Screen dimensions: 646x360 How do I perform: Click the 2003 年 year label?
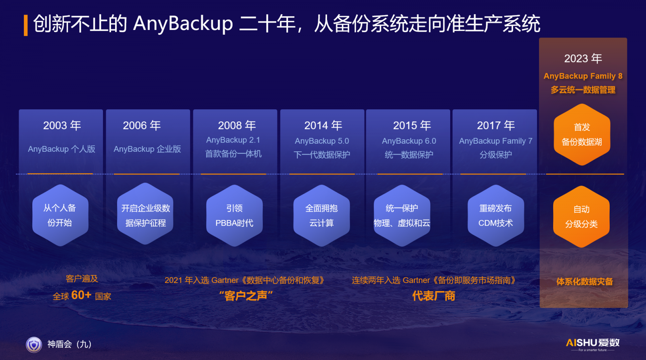click(x=62, y=126)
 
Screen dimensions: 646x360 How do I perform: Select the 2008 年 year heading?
click(x=237, y=126)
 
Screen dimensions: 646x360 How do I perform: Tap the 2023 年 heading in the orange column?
click(x=583, y=59)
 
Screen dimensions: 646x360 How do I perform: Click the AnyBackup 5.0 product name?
click(x=322, y=141)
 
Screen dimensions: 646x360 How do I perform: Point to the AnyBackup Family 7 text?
click(x=495, y=141)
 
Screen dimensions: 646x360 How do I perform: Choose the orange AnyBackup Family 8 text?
click(x=583, y=76)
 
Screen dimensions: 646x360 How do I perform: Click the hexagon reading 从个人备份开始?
click(x=60, y=215)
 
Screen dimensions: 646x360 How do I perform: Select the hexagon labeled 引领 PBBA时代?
click(x=235, y=215)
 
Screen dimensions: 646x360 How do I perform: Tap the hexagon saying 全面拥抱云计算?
click(x=321, y=215)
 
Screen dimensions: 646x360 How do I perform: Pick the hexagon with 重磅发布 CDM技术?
click(x=496, y=215)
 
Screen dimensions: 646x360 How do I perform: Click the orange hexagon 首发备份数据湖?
click(x=582, y=135)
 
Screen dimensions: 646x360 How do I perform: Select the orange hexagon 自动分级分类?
click(x=581, y=216)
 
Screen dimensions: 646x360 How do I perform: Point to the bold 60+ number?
click(x=81, y=295)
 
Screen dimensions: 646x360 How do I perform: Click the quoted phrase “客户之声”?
click(x=246, y=296)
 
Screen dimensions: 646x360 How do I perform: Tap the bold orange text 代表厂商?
click(x=434, y=296)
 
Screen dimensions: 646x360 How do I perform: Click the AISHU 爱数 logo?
click(x=593, y=344)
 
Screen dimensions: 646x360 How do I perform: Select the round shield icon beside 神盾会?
click(x=34, y=344)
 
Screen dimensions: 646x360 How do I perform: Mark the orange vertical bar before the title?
click(x=26, y=25)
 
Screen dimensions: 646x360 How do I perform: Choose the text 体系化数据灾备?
click(x=585, y=282)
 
